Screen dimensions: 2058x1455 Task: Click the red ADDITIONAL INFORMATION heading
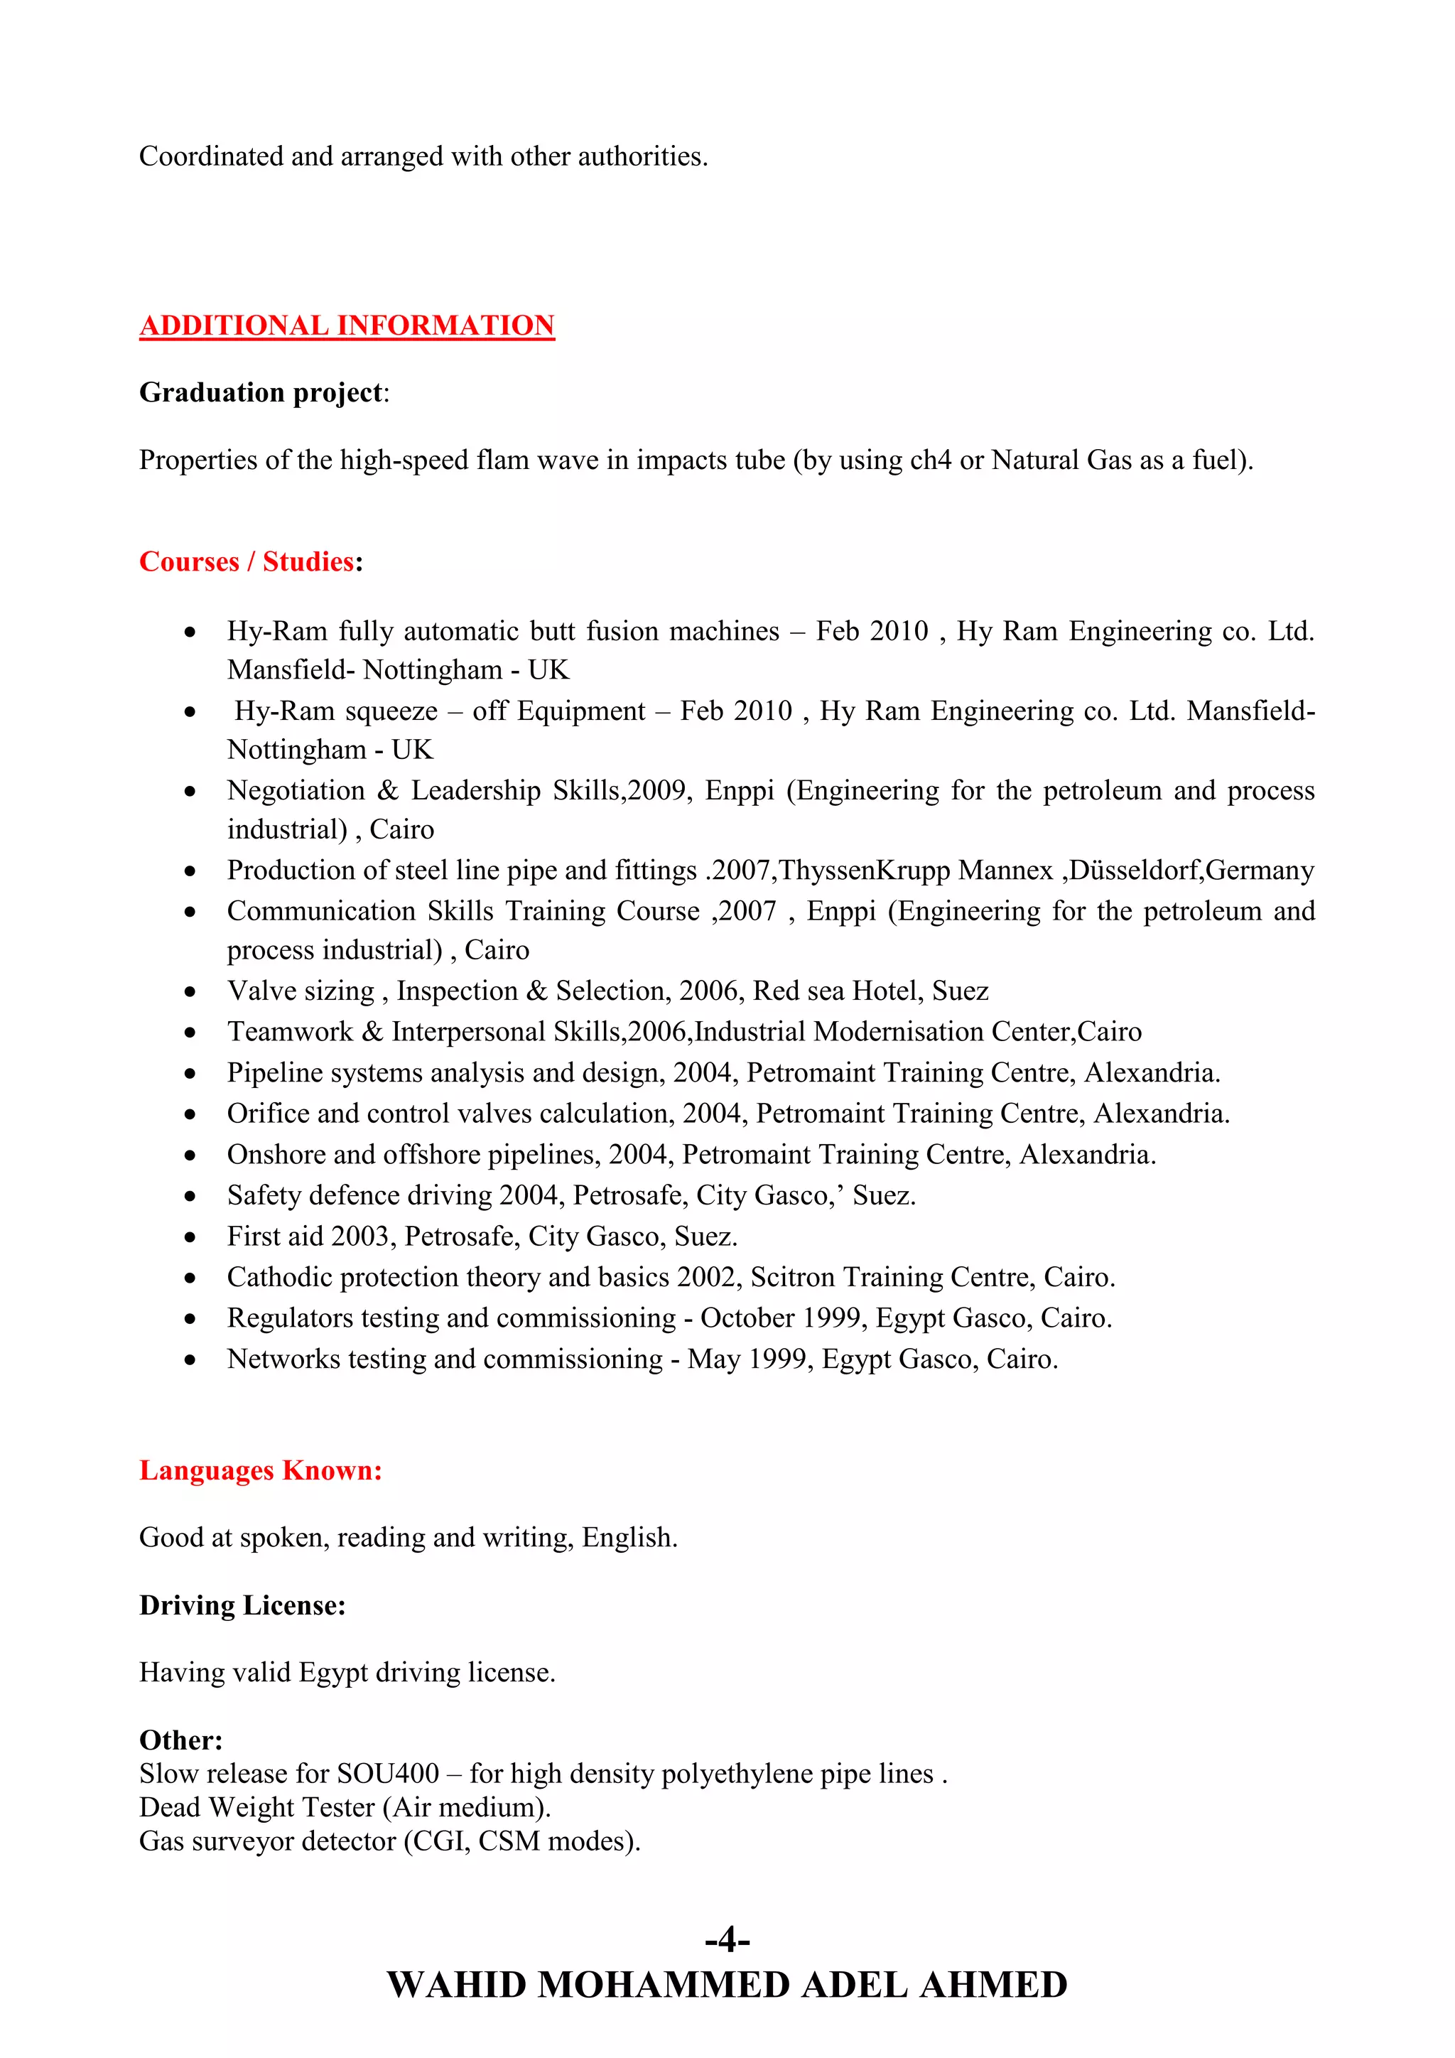pos(347,325)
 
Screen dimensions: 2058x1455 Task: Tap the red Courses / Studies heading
pos(247,562)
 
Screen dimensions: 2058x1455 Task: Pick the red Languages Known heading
pos(261,1471)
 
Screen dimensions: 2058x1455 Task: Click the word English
pos(628,1538)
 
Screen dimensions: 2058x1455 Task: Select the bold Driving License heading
pos(242,1605)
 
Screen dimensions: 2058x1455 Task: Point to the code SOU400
pos(387,1774)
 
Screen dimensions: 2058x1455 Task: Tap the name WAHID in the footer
pos(456,1986)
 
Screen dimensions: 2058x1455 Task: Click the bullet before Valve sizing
pos(190,992)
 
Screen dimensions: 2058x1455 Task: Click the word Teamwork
pos(289,1033)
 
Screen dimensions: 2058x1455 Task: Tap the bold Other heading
pos(180,1740)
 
